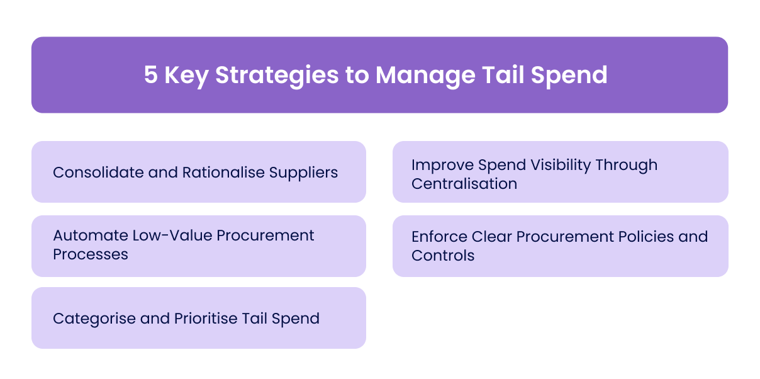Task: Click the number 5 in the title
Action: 151,75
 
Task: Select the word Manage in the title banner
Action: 425,75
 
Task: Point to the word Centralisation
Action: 464,184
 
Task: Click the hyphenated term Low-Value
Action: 166,235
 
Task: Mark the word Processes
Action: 91,254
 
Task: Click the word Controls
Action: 443,256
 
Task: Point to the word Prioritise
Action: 203,319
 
